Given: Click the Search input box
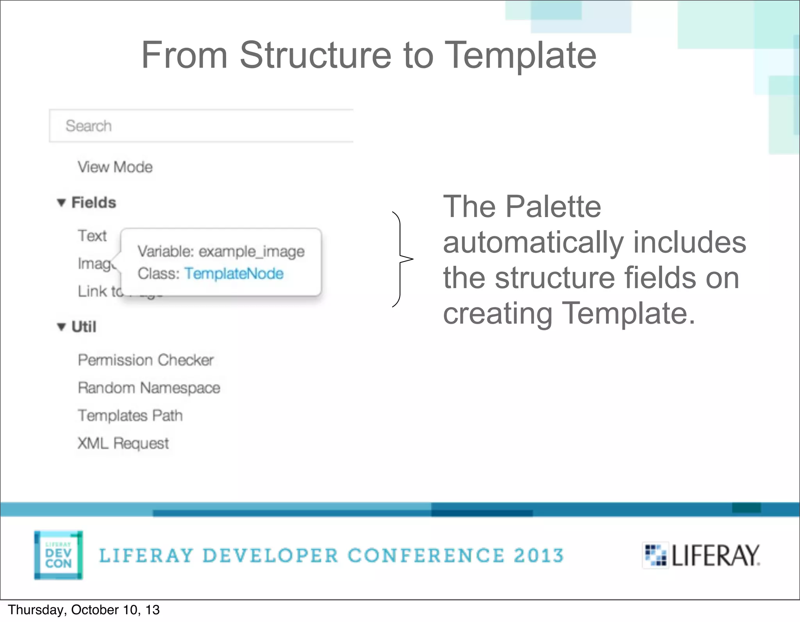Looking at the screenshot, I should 201,126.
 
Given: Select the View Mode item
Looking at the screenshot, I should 115,167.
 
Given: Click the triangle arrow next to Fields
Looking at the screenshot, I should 61,203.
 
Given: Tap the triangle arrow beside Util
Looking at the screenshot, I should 61,326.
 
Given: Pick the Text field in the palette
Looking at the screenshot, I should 92,236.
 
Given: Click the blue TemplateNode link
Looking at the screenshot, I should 234,274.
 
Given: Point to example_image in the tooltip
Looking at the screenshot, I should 252,251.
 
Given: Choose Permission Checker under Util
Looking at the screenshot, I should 146,360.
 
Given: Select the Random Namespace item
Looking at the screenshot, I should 149,388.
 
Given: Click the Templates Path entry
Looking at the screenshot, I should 130,415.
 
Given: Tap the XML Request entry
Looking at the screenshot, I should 123,443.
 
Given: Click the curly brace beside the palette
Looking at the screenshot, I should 402,259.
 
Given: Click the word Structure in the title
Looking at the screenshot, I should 315,55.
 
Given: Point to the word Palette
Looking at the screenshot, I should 553,207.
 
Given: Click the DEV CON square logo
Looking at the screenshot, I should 58,555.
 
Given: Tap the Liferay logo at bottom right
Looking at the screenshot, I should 702,555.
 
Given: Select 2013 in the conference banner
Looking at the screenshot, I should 539,556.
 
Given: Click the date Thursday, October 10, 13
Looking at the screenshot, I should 84,610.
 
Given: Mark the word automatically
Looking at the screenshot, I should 533,242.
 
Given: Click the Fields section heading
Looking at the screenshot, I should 94,203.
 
